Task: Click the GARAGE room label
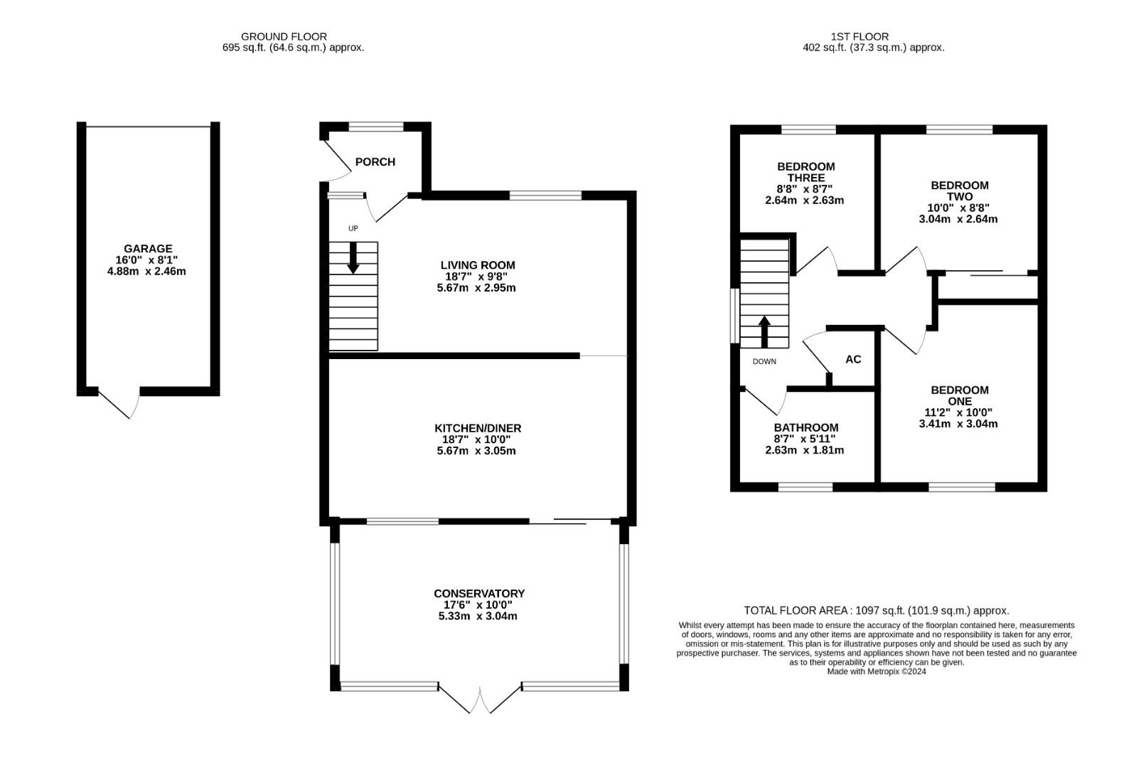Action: point(148,248)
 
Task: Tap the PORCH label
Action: point(375,161)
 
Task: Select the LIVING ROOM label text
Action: point(478,265)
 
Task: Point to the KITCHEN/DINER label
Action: point(478,428)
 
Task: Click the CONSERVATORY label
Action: point(479,593)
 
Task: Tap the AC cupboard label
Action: point(853,359)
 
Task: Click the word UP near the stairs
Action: point(353,228)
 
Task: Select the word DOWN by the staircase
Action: point(764,361)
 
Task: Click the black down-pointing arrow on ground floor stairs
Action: point(353,258)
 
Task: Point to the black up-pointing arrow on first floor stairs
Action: point(764,331)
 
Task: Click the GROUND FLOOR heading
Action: point(284,37)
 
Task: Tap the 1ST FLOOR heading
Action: point(860,37)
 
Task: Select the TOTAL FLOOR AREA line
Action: point(876,610)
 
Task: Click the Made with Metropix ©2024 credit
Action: point(877,671)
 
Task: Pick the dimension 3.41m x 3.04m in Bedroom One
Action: point(958,424)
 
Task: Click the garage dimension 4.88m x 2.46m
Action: point(146,272)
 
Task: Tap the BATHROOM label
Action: point(806,427)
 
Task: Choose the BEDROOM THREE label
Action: point(806,172)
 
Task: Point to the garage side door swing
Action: point(119,403)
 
